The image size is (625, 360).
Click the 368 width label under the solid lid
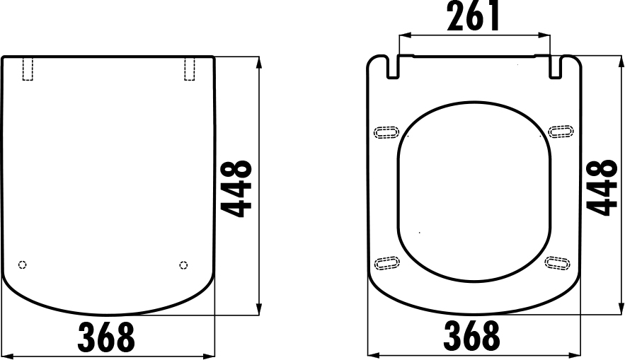106,337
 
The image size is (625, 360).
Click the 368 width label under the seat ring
472,337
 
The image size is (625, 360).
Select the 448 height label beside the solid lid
236,187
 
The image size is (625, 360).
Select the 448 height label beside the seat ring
602,187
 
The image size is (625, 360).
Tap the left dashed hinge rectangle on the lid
28,69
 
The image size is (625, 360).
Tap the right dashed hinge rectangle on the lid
190,69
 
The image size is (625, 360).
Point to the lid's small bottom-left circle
22,265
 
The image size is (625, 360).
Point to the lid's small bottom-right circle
184,265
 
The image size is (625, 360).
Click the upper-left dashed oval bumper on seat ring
386,132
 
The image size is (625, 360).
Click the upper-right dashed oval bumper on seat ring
561,132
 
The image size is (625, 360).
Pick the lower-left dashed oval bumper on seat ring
386,263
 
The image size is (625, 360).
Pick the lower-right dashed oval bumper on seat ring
559,263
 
